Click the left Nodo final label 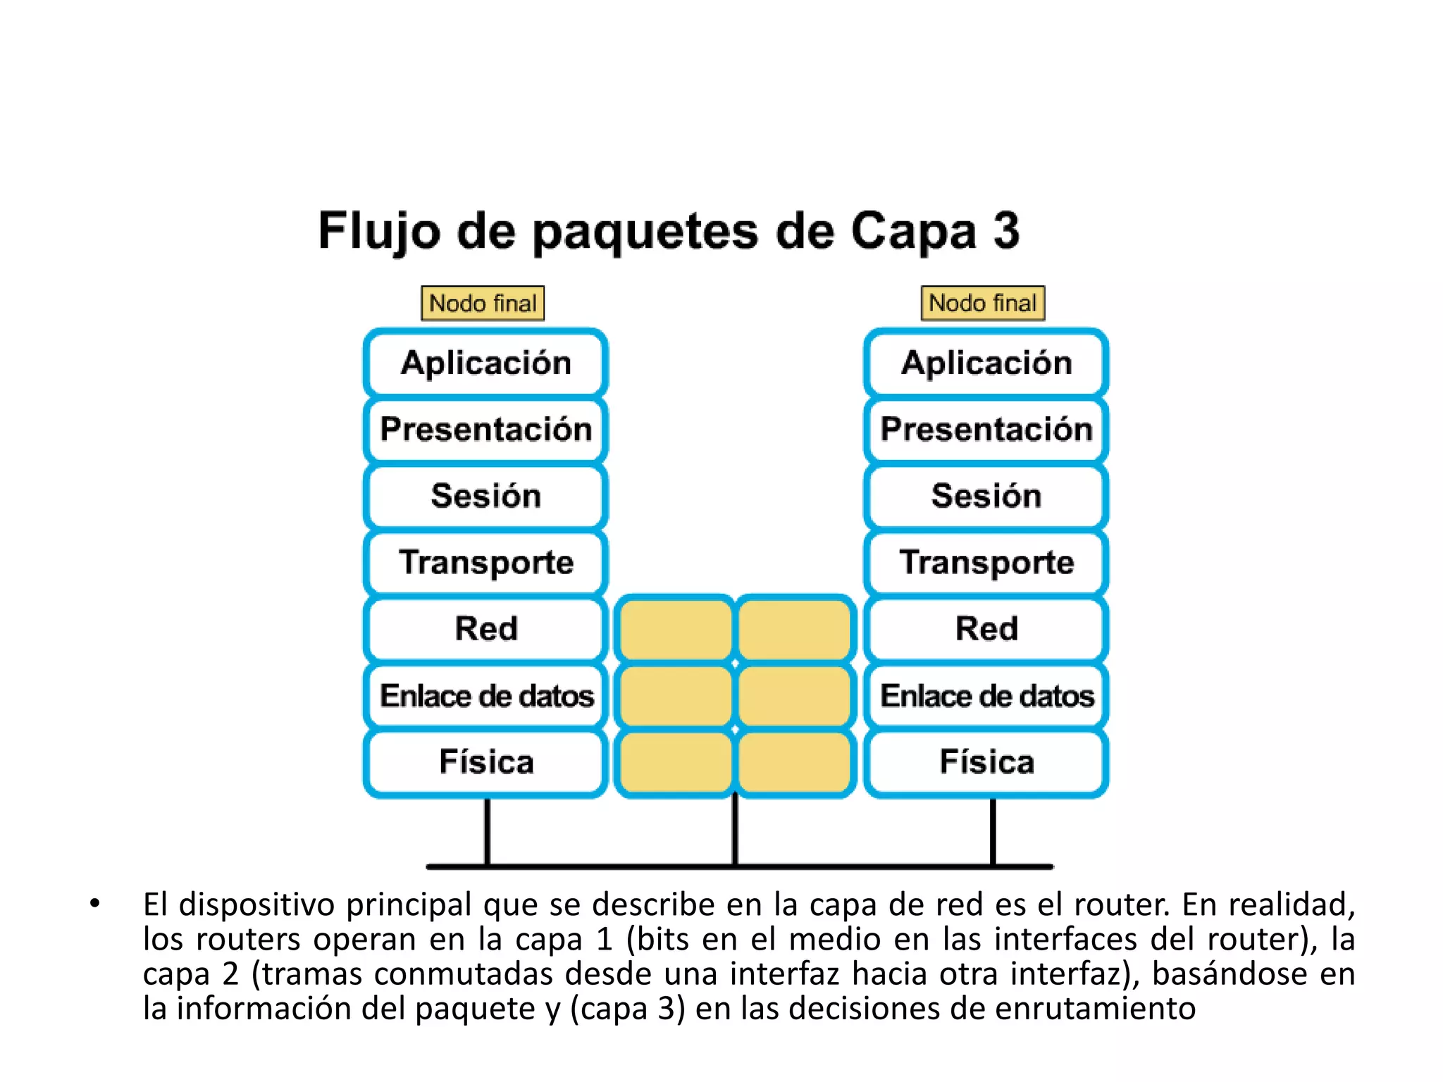pyautogui.click(x=483, y=304)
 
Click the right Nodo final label pyautogui.click(x=983, y=304)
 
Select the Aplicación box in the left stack pyautogui.click(x=485, y=363)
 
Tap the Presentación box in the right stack pyautogui.click(x=986, y=429)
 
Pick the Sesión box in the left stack pyautogui.click(x=485, y=495)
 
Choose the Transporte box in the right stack pyautogui.click(x=986, y=562)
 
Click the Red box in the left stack pyautogui.click(x=485, y=628)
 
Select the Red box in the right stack pyautogui.click(x=986, y=628)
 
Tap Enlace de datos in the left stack pyautogui.click(x=485, y=695)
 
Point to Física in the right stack pyautogui.click(x=986, y=762)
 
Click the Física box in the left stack pyautogui.click(x=485, y=762)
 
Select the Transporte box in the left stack pyautogui.click(x=485, y=562)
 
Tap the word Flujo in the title pyautogui.click(x=379, y=232)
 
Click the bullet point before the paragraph pyautogui.click(x=95, y=904)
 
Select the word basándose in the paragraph pyautogui.click(x=1230, y=974)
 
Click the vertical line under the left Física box pyautogui.click(x=487, y=831)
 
